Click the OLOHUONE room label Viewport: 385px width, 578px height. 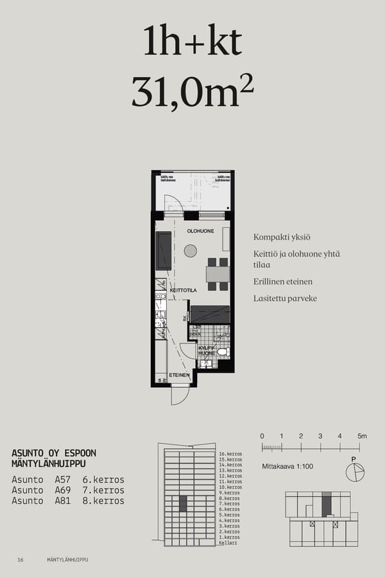[200, 231]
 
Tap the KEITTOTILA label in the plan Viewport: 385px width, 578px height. [183, 290]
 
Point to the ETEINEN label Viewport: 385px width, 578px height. [179, 374]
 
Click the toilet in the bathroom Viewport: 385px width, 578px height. [222, 352]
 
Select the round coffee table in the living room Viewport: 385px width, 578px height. [191, 251]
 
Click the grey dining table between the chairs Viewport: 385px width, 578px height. [218, 274]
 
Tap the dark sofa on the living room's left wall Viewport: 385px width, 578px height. [164, 250]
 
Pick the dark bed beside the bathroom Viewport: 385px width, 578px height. [210, 314]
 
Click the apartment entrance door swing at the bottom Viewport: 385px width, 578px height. [180, 396]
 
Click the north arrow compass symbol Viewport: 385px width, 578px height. [354, 472]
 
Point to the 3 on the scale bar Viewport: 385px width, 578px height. [320, 437]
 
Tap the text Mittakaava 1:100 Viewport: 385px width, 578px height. [287, 466]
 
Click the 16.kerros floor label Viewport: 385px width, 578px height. [230, 454]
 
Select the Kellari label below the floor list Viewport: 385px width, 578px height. [228, 543]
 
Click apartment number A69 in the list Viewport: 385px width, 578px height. [63, 490]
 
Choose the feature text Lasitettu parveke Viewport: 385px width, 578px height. [285, 299]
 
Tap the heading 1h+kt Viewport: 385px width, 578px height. [193, 42]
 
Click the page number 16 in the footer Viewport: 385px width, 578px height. [21, 560]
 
